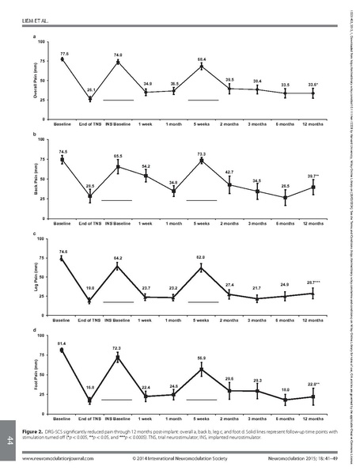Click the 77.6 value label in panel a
click(x=64, y=53)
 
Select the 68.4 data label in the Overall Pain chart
click(x=202, y=59)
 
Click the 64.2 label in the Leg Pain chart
click(x=118, y=259)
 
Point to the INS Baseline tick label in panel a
click(x=118, y=125)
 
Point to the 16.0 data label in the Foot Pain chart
click(x=90, y=388)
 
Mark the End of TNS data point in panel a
click(x=90, y=99)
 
